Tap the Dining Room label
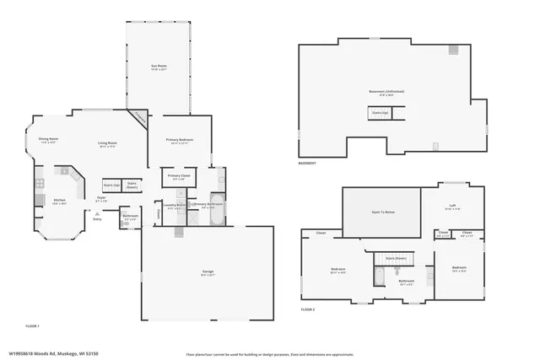pyautogui.click(x=48, y=140)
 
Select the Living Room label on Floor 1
pyautogui.click(x=107, y=144)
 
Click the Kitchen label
pyautogui.click(x=59, y=201)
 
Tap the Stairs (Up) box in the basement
pyautogui.click(x=380, y=112)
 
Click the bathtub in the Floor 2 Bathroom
pyautogui.click(x=380, y=276)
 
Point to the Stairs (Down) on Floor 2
pyautogui.click(x=396, y=258)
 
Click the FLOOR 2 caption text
pyautogui.click(x=308, y=309)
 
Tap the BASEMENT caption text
pyautogui.click(x=307, y=163)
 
